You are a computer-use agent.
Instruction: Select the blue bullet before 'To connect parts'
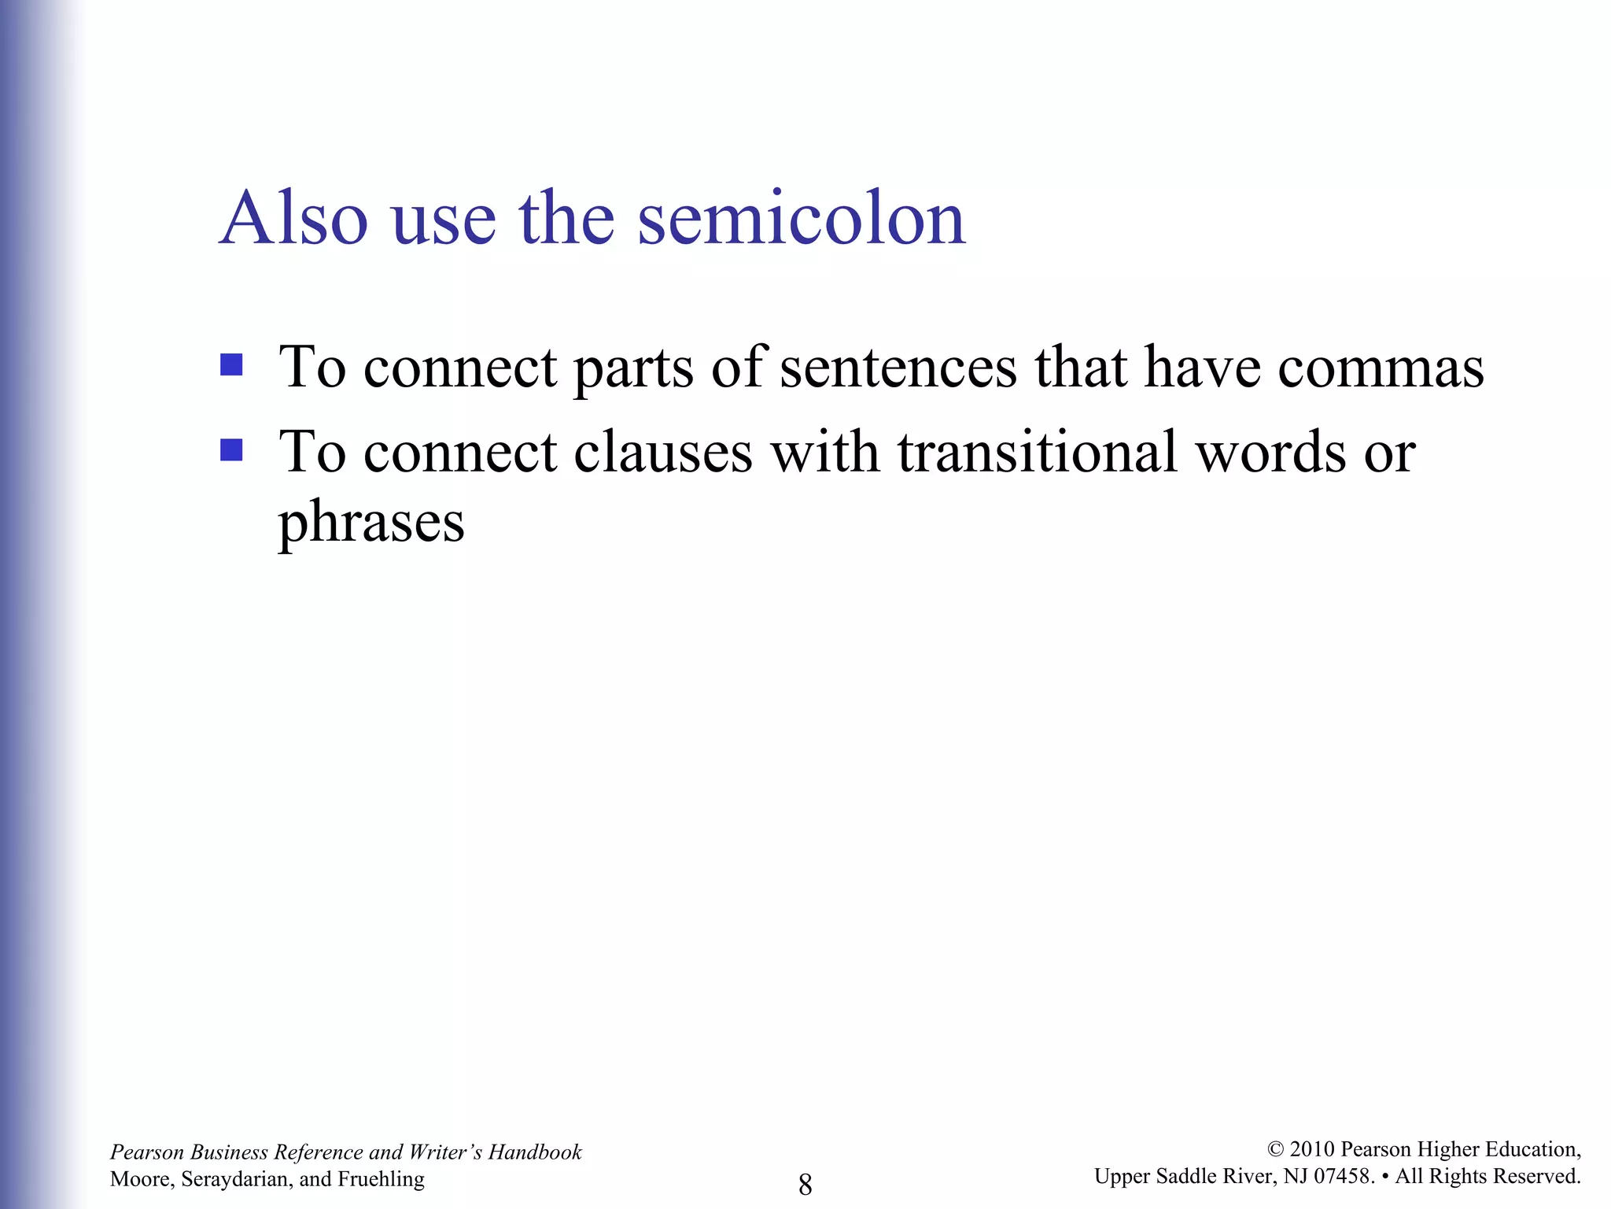click(231, 365)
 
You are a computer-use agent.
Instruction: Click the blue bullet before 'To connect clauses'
click(231, 450)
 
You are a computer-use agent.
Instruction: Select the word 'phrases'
click(371, 523)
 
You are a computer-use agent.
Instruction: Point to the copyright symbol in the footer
click(1276, 1150)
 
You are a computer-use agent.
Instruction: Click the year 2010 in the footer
click(1312, 1150)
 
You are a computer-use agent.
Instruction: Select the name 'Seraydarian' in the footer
click(237, 1179)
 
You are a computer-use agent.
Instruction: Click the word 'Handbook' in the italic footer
click(535, 1152)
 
